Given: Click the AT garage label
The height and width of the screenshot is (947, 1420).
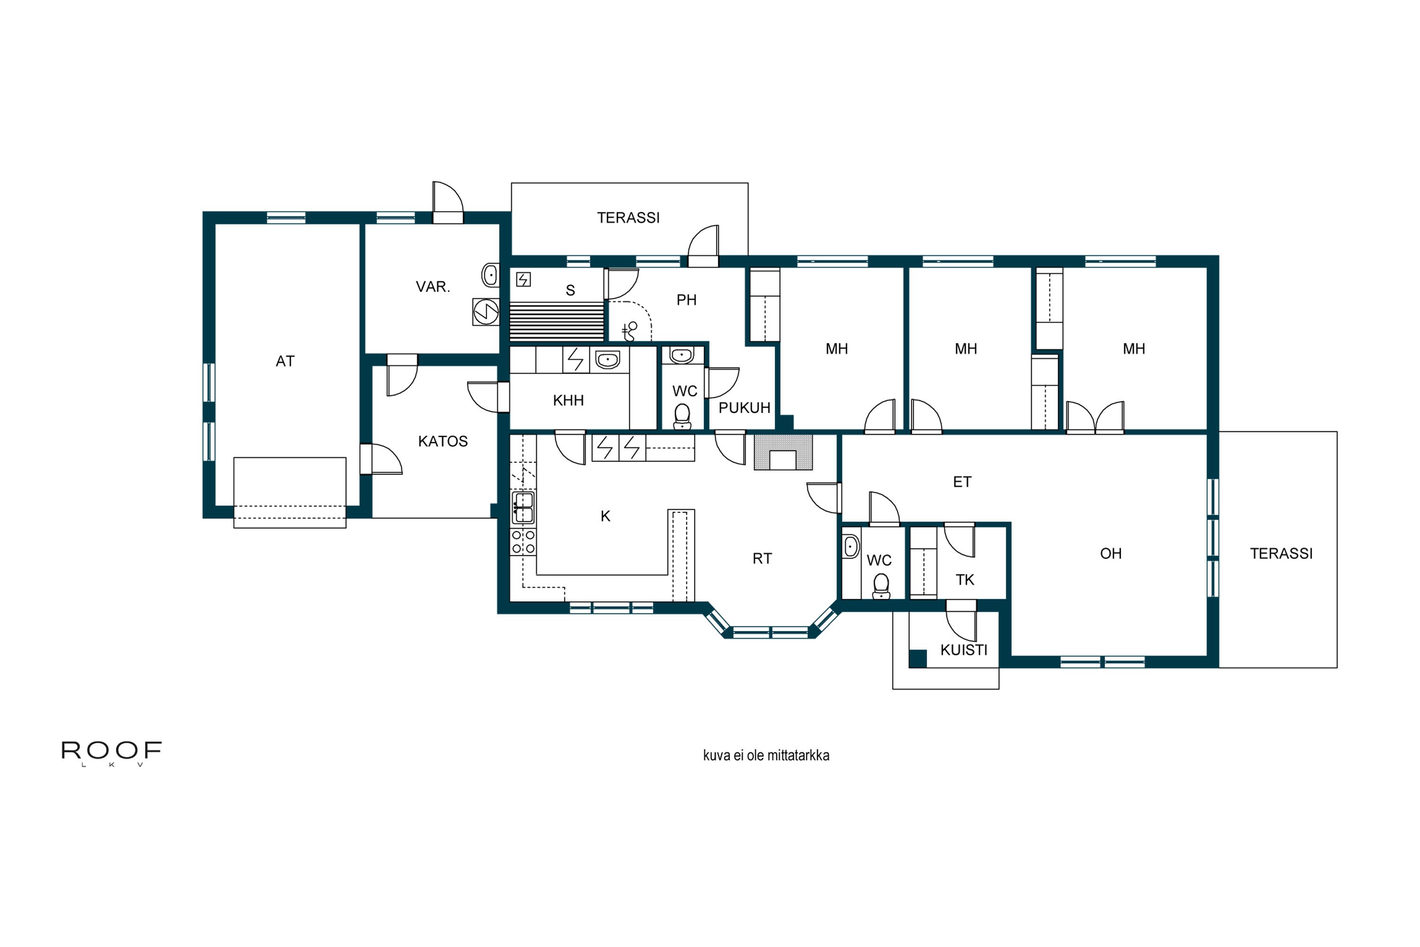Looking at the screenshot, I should pyautogui.click(x=285, y=361).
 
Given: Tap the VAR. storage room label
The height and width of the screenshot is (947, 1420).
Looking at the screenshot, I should pyautogui.click(x=433, y=287).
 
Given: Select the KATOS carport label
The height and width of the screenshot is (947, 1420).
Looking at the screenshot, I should pyautogui.click(x=443, y=441).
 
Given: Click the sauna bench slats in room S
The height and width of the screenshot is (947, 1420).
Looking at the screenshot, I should pyautogui.click(x=557, y=322).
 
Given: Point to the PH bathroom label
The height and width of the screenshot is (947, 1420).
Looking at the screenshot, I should pyautogui.click(x=686, y=300).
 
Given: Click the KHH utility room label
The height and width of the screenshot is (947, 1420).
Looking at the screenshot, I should pyautogui.click(x=568, y=401).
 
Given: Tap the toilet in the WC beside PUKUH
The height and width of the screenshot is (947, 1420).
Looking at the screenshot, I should pyautogui.click(x=682, y=416).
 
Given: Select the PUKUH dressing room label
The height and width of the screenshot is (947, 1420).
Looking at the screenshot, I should pyautogui.click(x=745, y=408).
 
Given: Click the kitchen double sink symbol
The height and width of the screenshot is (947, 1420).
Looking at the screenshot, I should pyautogui.click(x=523, y=507).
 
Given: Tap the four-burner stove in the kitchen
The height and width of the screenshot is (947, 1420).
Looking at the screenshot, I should pyautogui.click(x=523, y=542).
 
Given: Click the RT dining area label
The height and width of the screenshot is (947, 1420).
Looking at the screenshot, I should pyautogui.click(x=762, y=559).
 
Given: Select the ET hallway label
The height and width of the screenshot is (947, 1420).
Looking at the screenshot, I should pyautogui.click(x=962, y=482).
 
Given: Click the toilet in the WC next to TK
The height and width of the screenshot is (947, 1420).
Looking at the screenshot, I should pyautogui.click(x=881, y=586).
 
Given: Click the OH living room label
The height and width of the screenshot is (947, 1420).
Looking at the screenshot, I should pyautogui.click(x=1111, y=554).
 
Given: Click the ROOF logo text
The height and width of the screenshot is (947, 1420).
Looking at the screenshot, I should pyautogui.click(x=112, y=750).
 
